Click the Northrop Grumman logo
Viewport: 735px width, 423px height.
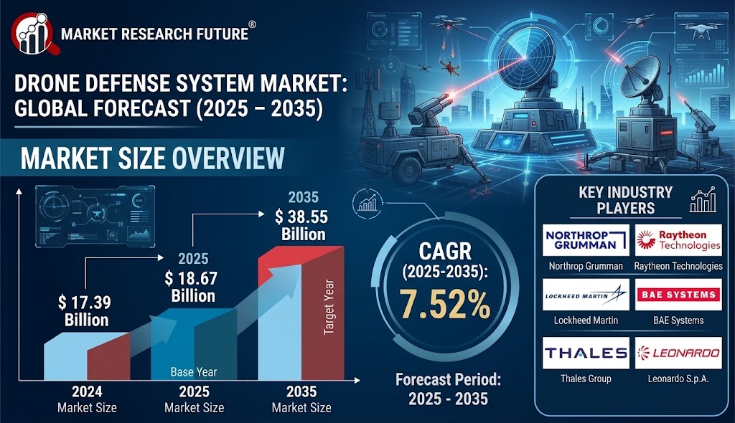point(586,240)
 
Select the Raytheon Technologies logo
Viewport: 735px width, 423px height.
point(678,240)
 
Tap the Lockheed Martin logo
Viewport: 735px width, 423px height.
point(586,295)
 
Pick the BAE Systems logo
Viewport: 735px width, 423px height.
point(678,295)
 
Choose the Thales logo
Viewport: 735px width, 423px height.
point(586,353)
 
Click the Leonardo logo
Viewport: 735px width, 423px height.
point(678,353)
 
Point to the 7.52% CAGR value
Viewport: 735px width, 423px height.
point(444,304)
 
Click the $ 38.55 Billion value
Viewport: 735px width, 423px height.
point(301,225)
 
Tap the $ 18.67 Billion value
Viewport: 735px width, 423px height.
point(191,287)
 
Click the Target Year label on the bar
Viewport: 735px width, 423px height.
point(329,307)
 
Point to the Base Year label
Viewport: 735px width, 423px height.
point(194,372)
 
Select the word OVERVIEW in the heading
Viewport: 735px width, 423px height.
point(228,158)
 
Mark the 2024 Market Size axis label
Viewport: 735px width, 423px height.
point(87,399)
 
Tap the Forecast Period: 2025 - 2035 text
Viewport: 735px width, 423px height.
point(448,389)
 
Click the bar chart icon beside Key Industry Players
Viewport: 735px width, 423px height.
point(703,200)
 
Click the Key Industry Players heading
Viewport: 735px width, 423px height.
point(625,200)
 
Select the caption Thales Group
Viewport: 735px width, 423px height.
point(586,379)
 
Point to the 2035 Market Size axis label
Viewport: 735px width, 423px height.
point(301,399)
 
